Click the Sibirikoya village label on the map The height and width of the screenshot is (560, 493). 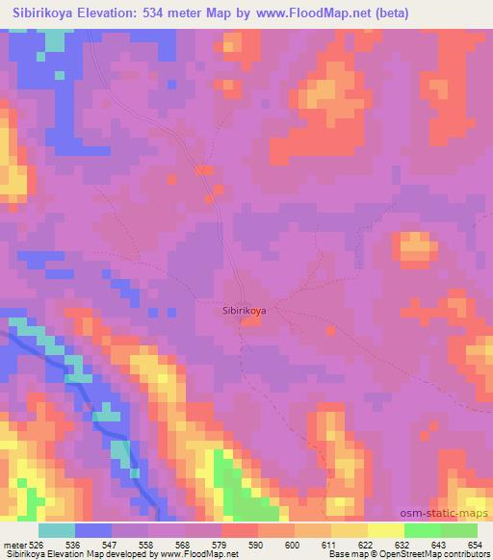(x=245, y=311)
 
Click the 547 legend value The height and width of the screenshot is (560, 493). (x=112, y=544)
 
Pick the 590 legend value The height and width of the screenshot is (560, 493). (x=256, y=544)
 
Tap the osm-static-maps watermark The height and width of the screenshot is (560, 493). (x=452, y=514)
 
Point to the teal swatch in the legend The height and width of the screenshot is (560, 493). (x=57, y=530)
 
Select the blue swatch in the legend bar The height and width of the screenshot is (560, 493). (x=93, y=530)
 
